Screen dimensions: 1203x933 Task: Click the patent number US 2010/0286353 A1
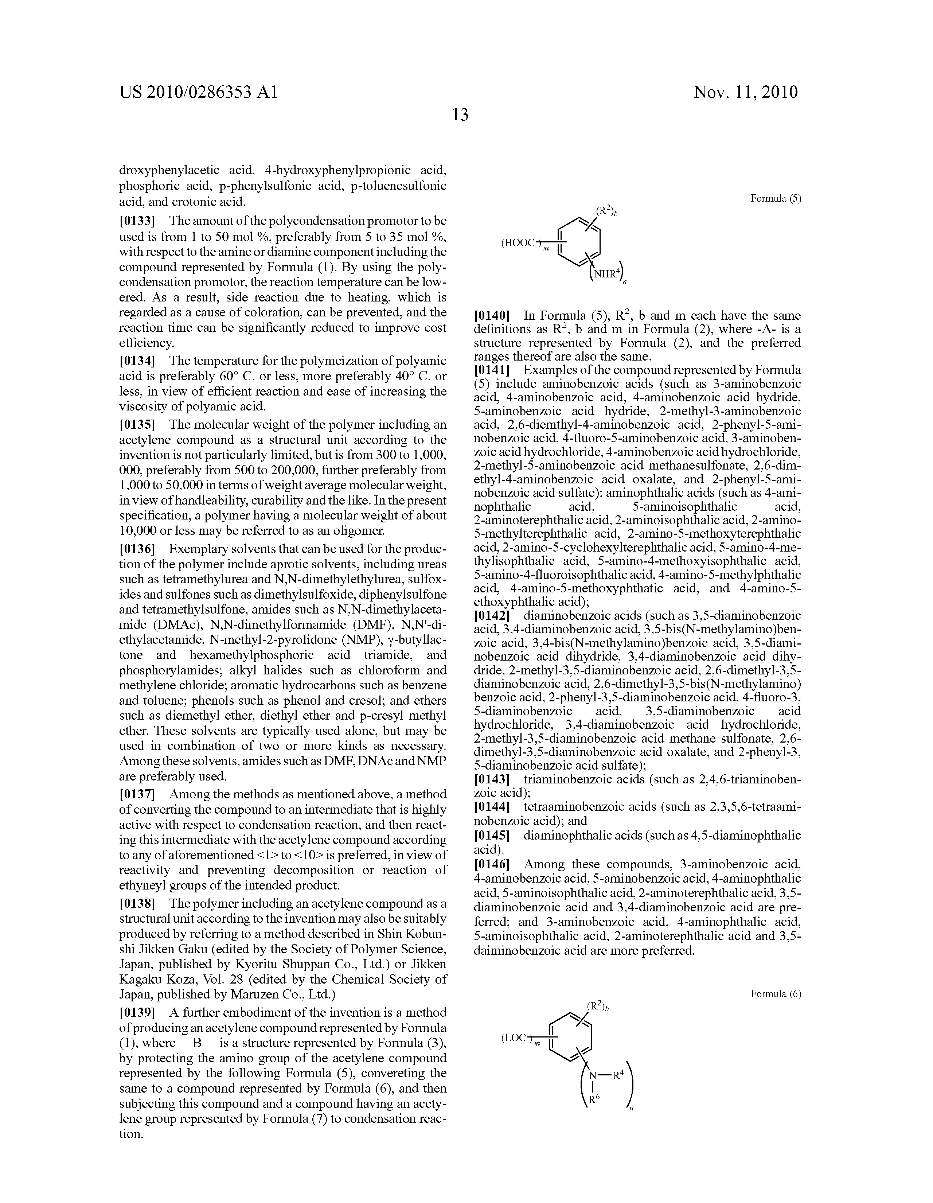199,92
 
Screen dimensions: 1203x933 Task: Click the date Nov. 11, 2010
746,92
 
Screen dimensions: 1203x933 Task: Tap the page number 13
460,114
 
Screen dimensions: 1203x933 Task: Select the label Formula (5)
776,199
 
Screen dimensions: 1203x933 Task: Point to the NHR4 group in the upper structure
605,274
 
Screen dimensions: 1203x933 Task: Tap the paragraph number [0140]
492,316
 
